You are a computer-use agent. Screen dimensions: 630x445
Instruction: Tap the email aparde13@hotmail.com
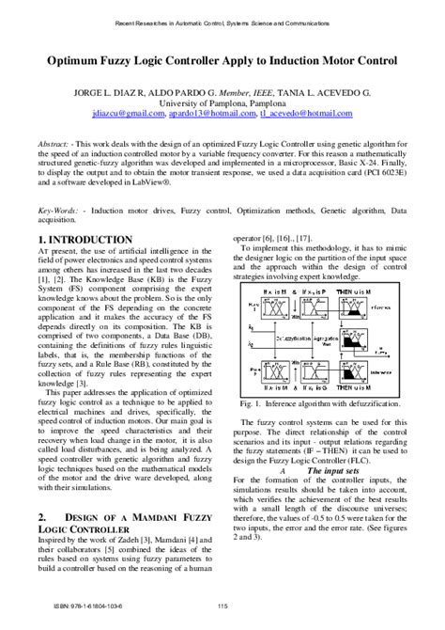pos(204,112)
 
